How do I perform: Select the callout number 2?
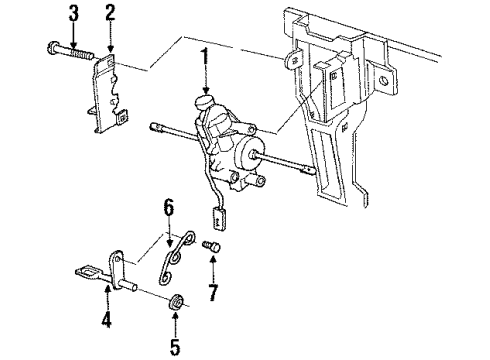[x=110, y=13]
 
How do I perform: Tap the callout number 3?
[x=73, y=13]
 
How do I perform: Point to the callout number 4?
[x=106, y=319]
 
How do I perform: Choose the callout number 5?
[x=175, y=347]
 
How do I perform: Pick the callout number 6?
[x=168, y=208]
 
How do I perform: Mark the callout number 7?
[x=213, y=292]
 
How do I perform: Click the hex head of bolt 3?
[x=53, y=47]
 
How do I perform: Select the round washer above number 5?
[x=175, y=302]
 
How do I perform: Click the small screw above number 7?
[x=211, y=247]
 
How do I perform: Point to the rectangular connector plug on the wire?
[x=217, y=218]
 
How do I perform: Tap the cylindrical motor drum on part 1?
[x=248, y=154]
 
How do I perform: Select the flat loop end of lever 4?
[x=86, y=271]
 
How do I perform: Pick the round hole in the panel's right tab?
[x=385, y=80]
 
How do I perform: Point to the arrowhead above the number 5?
[x=175, y=315]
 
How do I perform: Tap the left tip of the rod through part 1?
[x=153, y=126]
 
